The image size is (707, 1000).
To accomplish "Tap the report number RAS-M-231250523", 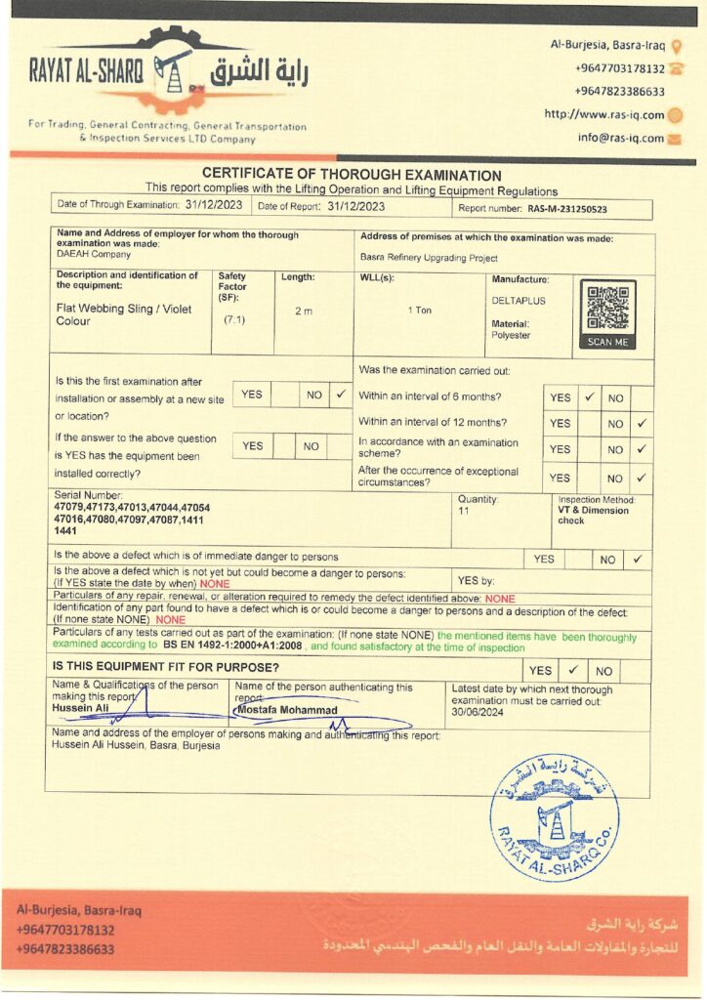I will tap(567, 209).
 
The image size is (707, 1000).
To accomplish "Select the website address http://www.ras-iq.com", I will tap(603, 114).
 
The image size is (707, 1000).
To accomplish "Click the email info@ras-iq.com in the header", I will tap(620, 139).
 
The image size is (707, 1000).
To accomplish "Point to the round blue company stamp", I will tap(554, 816).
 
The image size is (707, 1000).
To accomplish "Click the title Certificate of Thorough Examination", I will tap(352, 175).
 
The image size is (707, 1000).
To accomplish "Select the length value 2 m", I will tap(304, 312).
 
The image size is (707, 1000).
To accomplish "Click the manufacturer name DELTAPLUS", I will tap(517, 301).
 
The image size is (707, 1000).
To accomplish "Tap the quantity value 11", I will tap(464, 512).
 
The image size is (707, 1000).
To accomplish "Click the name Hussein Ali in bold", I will tap(81, 709).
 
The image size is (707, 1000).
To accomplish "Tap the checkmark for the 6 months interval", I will tap(589, 397).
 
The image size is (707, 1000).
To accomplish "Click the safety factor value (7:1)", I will tap(234, 319).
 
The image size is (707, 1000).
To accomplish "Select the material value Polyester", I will tap(511, 335).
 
